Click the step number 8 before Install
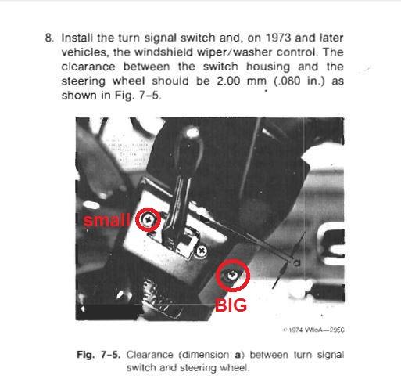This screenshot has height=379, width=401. tap(48, 38)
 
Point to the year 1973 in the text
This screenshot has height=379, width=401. tap(285, 38)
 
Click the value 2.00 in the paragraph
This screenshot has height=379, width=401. tap(224, 81)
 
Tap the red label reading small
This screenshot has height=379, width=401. tap(108, 220)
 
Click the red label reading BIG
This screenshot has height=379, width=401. tap(231, 305)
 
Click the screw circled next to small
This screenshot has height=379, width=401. tap(148, 220)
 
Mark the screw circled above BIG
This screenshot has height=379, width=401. tap(233, 276)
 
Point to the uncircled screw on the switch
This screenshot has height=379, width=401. tap(202, 251)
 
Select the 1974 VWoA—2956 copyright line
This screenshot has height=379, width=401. tap(314, 330)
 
